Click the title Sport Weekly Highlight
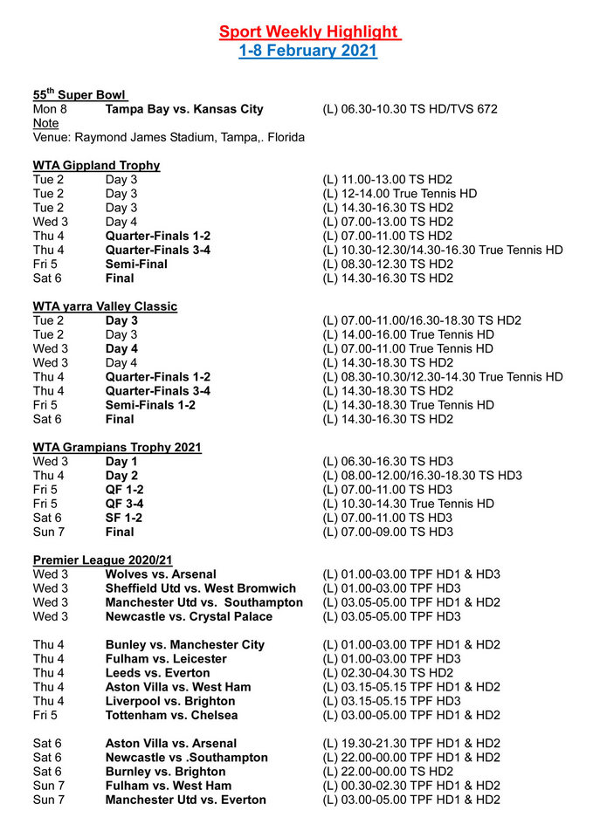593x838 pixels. coord(309,32)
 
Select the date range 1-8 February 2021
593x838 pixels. coord(308,51)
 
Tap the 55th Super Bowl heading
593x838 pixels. coord(80,94)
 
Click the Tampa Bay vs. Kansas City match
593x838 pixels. coord(184,109)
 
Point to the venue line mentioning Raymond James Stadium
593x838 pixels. coord(169,137)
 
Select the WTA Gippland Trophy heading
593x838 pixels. coord(96,165)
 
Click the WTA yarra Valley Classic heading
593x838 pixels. coord(105,306)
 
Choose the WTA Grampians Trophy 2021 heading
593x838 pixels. coord(117,447)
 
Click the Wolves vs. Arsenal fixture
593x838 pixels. coord(161,574)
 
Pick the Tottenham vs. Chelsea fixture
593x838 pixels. coord(171,715)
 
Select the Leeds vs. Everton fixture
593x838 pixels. coord(157,673)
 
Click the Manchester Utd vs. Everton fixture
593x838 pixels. coord(185,800)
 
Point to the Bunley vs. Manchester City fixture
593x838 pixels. coord(184,644)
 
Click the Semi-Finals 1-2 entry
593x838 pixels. coord(150,405)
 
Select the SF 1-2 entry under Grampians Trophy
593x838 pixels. coord(123,518)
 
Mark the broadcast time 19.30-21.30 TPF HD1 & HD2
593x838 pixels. coord(411,743)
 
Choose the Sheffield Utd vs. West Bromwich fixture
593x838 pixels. coord(200,588)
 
